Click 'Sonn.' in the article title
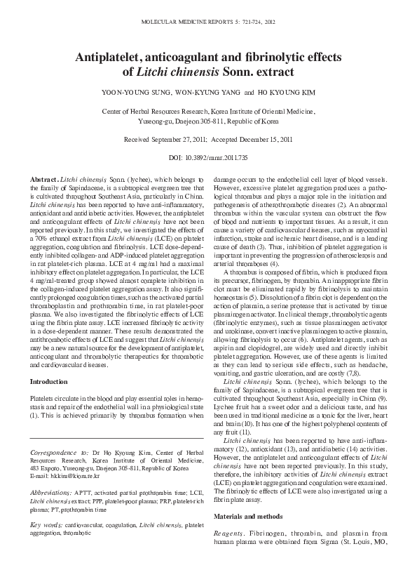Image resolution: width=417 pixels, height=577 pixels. tap(249, 72)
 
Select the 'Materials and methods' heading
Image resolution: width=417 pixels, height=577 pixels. tap(247, 535)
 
